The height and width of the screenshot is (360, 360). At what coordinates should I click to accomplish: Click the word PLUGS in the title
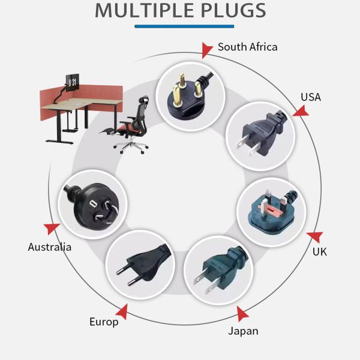[229, 10]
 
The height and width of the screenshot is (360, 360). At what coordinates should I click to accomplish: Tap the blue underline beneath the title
[184, 26]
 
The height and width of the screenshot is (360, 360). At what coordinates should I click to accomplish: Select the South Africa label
[247, 47]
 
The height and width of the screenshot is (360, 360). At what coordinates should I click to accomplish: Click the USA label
[310, 97]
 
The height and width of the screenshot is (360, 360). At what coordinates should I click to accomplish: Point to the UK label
[319, 251]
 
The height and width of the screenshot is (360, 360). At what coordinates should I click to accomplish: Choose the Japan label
[243, 331]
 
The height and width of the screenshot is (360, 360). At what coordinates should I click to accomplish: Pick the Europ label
[104, 322]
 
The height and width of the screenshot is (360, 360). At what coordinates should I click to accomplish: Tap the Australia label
[50, 247]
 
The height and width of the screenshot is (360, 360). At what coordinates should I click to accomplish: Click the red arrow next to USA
[300, 111]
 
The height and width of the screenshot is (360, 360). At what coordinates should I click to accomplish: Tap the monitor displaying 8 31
[72, 82]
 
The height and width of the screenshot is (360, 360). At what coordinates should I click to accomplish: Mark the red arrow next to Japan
[242, 313]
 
